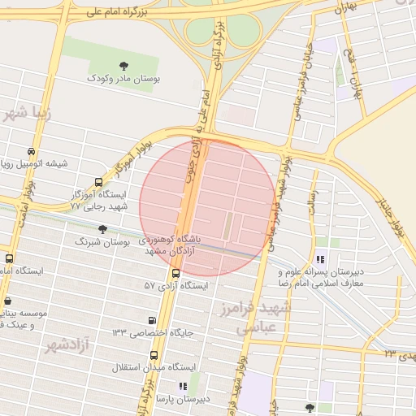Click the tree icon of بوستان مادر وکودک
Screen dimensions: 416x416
coord(123,66)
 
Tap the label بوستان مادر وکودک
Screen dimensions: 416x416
coord(123,80)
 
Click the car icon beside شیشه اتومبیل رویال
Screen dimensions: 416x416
coord(31,151)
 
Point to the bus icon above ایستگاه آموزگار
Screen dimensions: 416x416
coord(98,183)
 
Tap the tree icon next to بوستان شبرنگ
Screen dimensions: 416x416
coord(102,229)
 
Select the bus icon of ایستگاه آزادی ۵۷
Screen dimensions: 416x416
coord(175,273)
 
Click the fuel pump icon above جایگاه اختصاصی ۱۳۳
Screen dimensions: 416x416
coord(152,320)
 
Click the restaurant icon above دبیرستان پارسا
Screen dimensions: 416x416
coord(183,386)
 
